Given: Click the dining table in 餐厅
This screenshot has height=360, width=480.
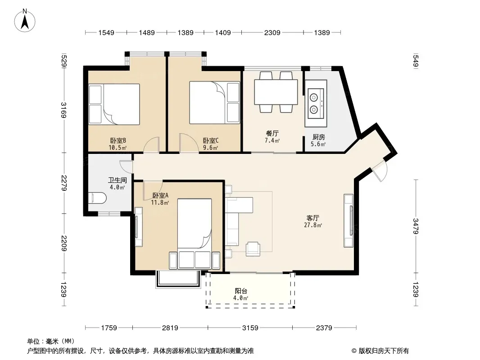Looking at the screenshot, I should (x=276, y=92).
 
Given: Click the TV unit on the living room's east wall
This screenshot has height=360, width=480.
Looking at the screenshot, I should (x=348, y=220).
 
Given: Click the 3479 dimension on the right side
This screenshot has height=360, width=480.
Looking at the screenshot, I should (x=415, y=225).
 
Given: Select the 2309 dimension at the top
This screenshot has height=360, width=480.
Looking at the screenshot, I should (x=272, y=32).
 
